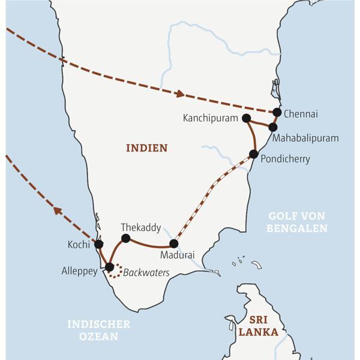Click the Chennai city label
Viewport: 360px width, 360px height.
point(301,113)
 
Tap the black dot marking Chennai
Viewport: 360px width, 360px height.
point(277,112)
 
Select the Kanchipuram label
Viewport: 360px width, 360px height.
point(211,118)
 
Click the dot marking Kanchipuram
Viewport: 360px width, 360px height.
point(246,119)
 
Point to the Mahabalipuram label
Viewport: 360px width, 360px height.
point(305,139)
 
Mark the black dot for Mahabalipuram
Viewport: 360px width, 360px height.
point(273,127)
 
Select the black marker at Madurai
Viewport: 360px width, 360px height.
point(173,244)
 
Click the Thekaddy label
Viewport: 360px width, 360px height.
point(140,227)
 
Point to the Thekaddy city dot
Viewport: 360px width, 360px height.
point(125,238)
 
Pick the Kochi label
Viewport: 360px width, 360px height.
point(79,245)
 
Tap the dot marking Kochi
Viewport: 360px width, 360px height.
point(99,244)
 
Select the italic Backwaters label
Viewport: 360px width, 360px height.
point(147,273)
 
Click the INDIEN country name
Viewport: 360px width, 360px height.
point(146,148)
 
